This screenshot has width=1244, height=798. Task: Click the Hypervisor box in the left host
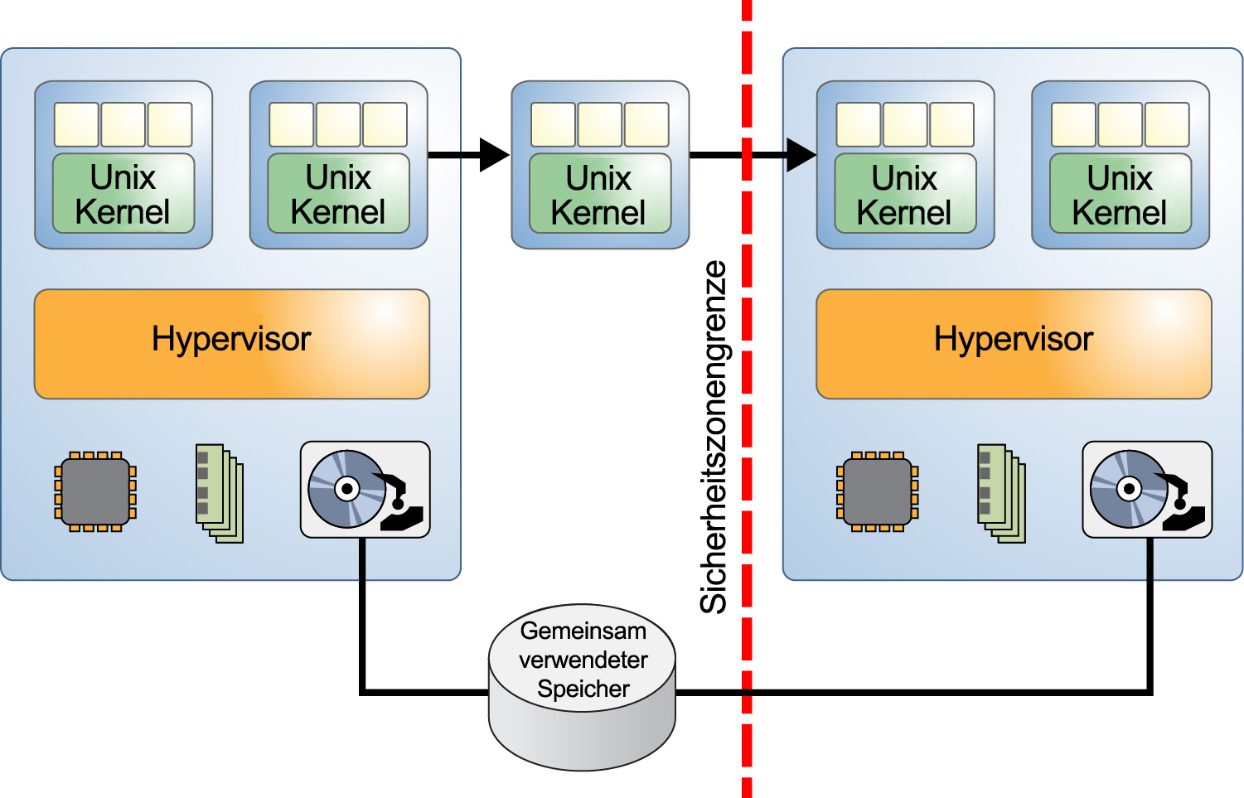coord(231,343)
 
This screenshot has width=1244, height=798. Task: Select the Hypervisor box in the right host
coord(1014,343)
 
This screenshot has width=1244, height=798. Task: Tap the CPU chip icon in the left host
coord(95,491)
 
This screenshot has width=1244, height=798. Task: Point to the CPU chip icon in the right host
coord(878,491)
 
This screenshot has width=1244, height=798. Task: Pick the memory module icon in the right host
coord(1002,493)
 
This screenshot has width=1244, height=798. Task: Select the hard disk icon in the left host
coord(365,490)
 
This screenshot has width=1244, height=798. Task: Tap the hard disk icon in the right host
coord(1147,490)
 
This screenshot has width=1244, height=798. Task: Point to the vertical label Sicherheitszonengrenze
coord(714,437)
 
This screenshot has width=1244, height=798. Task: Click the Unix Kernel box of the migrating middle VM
coord(599,194)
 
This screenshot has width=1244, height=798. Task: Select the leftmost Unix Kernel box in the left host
coord(123,194)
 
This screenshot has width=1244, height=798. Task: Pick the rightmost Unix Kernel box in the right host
coord(1120,194)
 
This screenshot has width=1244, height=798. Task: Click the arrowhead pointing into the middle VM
coord(494,155)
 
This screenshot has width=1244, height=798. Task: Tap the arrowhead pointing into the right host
coord(800,155)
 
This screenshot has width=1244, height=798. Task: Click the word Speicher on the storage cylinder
coord(583,689)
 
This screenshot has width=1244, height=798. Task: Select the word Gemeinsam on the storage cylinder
coord(583,631)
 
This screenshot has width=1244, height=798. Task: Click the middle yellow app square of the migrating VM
coord(600,124)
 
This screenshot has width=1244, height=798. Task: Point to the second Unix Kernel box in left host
coord(338,194)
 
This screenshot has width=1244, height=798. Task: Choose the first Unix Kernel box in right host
coord(905,194)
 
